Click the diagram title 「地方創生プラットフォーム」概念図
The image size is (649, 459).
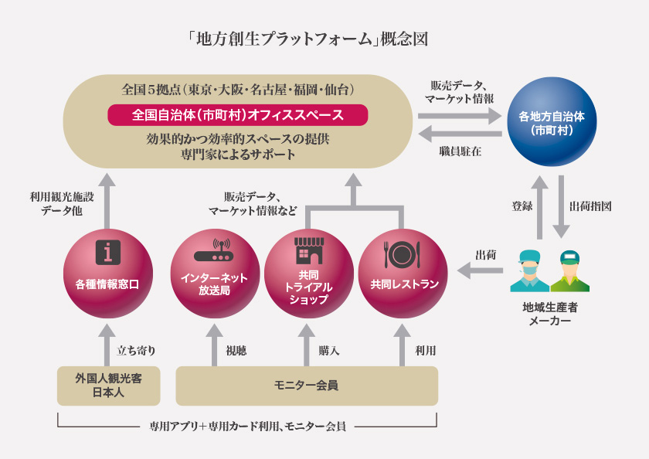tap(308, 39)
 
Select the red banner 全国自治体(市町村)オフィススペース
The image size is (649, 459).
tap(238, 115)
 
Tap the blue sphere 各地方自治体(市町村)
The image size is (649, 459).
tap(552, 121)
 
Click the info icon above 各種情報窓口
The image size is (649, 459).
tap(108, 252)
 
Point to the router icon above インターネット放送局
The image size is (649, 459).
tap(215, 250)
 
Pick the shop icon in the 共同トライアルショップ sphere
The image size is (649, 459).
tap(309, 250)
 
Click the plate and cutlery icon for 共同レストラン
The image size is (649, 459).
tap(403, 254)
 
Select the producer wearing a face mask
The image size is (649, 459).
tap(530, 270)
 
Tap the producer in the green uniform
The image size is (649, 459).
tap(570, 270)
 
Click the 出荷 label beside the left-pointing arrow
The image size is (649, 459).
tap(486, 255)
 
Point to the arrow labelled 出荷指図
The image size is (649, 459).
tap(561, 206)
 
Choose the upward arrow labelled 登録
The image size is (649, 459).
tap(539, 207)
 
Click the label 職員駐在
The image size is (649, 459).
tap(460, 151)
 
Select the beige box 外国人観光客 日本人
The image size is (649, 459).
tap(108, 386)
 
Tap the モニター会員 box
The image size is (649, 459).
tap(307, 386)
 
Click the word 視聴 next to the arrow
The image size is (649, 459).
tap(236, 351)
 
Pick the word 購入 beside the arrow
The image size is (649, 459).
tap(329, 351)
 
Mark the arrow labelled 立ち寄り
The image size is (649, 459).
tap(107, 345)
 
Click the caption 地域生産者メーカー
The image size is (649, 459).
tap(550, 314)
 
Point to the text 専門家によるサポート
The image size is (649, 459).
tap(238, 155)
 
